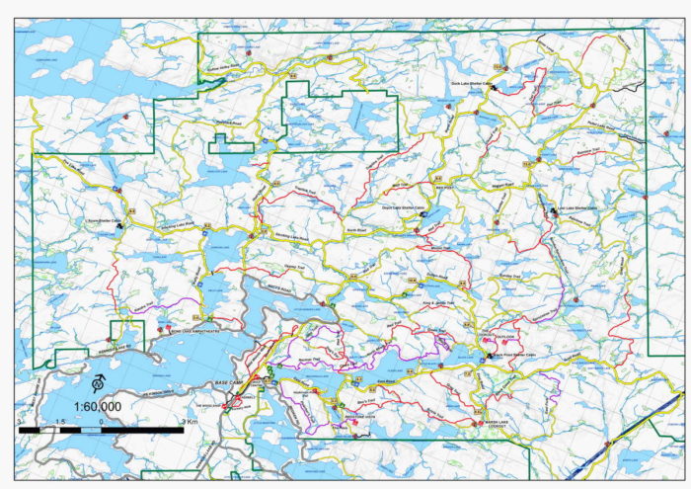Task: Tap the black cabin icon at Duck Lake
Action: point(493,90)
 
